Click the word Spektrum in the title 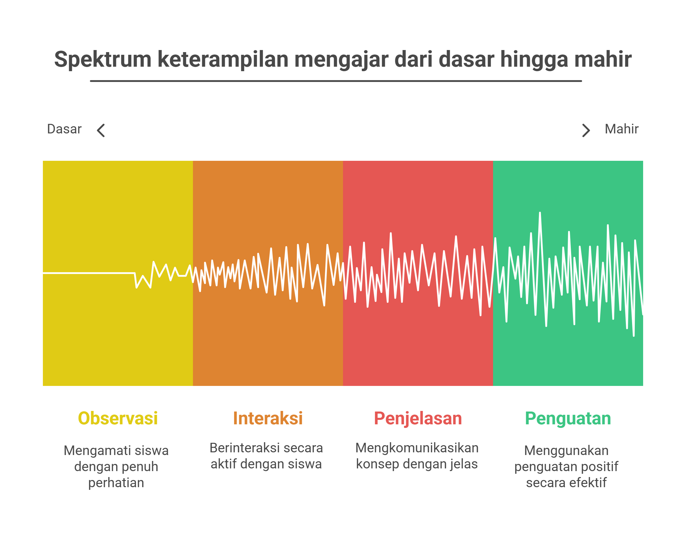(x=103, y=60)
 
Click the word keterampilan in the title (x=223, y=60)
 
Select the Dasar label (x=64, y=129)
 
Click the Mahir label (x=622, y=129)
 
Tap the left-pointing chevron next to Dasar (x=101, y=130)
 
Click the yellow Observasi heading (x=118, y=418)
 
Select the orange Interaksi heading (x=268, y=418)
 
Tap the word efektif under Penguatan (x=588, y=483)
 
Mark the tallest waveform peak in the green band (x=540, y=213)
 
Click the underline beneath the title (x=336, y=81)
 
